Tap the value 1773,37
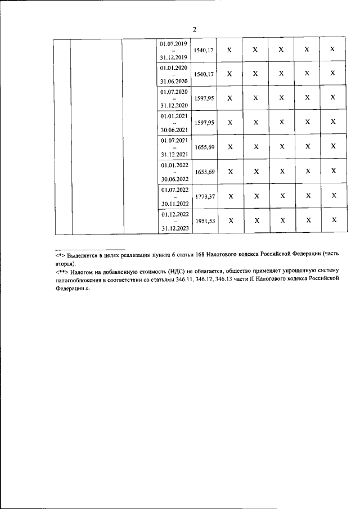coord(204,196)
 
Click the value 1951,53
coord(204,221)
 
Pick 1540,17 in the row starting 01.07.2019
coord(204,50)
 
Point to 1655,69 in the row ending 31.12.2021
coord(204,147)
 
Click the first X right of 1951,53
coord(229,220)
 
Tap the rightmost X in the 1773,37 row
coord(334,195)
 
